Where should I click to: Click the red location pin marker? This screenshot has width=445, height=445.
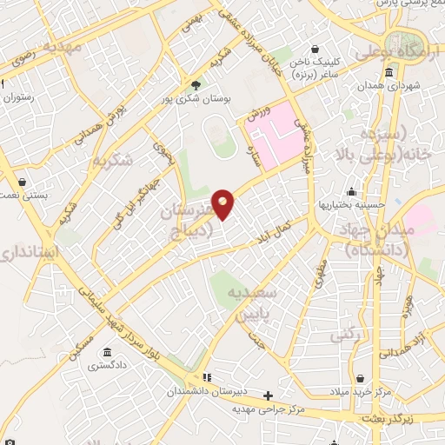tap(223, 203)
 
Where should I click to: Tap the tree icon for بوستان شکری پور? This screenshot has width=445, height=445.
tap(196, 85)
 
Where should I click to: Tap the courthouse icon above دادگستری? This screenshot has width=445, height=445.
tap(106, 352)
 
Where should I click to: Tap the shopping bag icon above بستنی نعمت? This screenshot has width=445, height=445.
tap(20, 182)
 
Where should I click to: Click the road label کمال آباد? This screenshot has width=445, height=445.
tap(269, 229)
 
